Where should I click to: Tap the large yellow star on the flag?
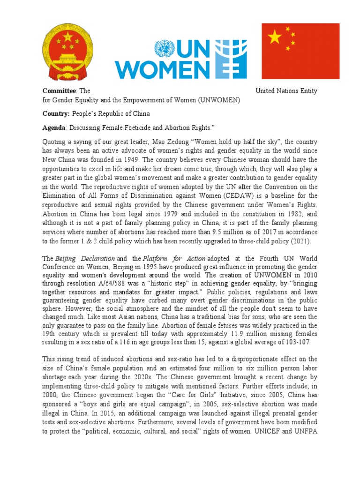[x=274, y=37]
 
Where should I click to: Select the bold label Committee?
[x=59, y=91]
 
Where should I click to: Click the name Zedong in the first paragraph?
[x=198, y=142]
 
